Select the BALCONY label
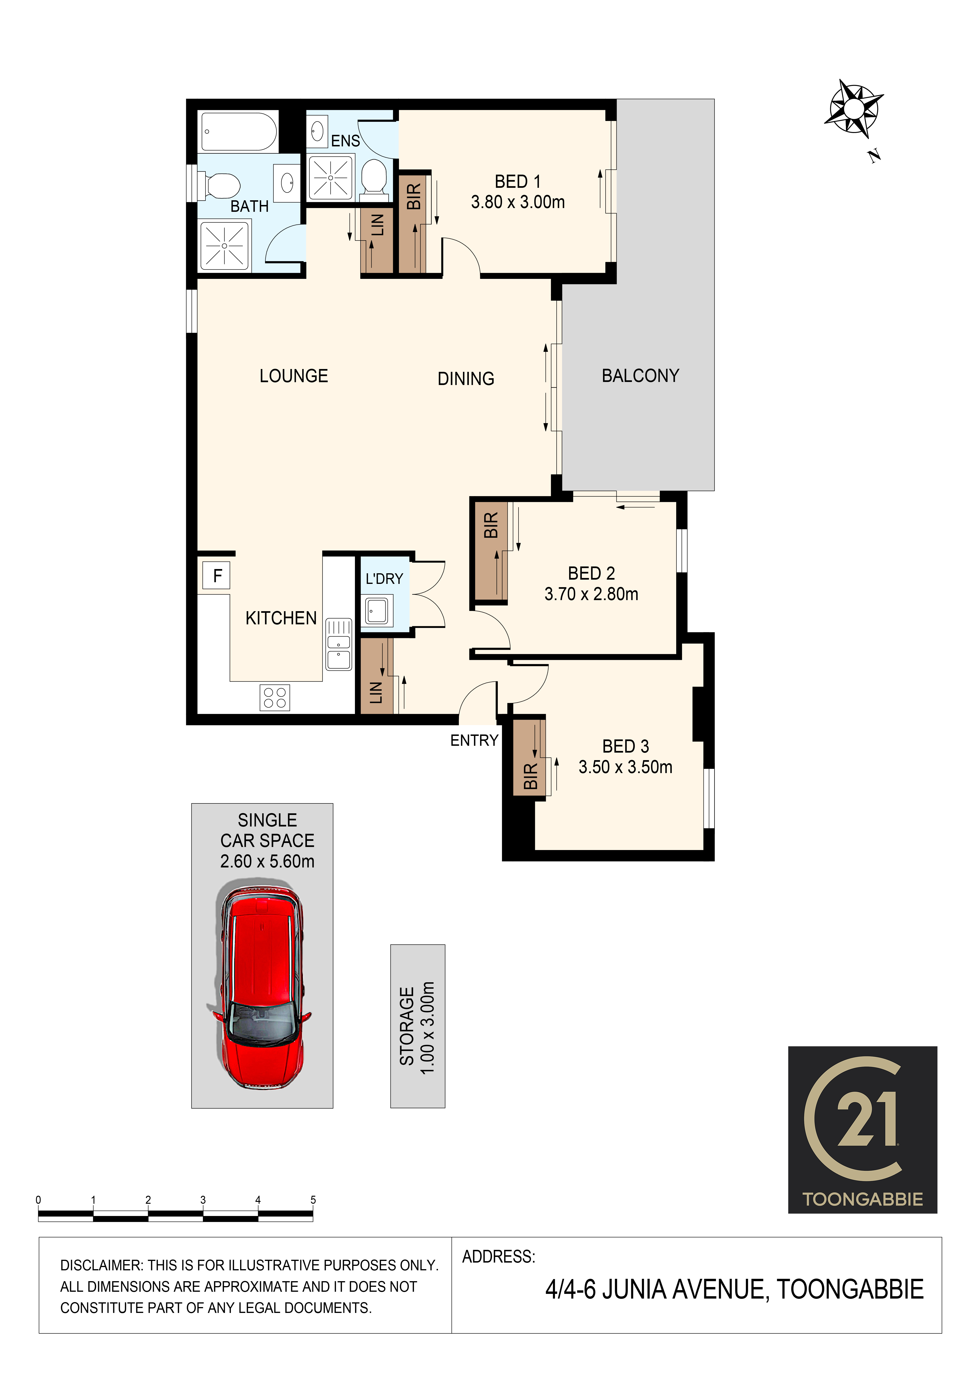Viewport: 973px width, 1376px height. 640,376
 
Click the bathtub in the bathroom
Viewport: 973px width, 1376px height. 239,131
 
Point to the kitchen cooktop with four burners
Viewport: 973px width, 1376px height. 275,698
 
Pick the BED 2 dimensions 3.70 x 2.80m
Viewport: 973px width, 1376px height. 591,594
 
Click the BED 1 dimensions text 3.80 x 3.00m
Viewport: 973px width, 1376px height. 518,202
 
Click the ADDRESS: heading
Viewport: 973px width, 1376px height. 499,1256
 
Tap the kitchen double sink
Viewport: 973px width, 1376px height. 339,644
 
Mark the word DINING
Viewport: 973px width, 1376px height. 466,379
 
